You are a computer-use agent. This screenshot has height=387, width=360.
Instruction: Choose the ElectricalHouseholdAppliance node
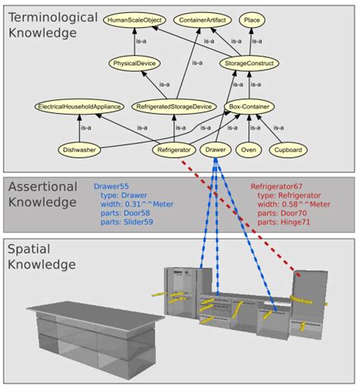[x=79, y=107]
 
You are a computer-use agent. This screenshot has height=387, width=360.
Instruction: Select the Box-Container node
[x=249, y=107]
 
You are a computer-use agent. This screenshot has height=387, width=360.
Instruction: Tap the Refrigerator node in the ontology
[x=172, y=150]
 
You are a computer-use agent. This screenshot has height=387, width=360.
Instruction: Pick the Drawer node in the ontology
[x=216, y=150]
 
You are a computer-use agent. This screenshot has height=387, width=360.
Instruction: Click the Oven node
[x=248, y=150]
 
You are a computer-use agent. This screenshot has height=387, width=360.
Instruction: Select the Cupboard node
[x=288, y=150]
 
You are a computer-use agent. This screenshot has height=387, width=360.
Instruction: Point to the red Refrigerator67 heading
[x=277, y=186]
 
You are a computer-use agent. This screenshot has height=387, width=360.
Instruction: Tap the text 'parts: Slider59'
[x=128, y=222]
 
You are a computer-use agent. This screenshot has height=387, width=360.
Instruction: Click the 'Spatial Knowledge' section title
[x=41, y=257]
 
